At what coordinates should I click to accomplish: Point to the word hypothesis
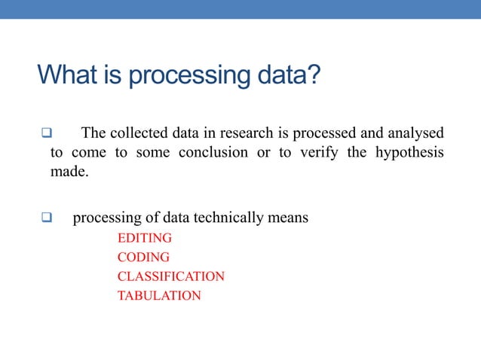pyautogui.click(x=405, y=153)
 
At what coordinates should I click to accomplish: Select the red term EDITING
pyautogui.click(x=145, y=238)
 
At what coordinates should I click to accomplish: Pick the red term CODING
pyautogui.click(x=143, y=258)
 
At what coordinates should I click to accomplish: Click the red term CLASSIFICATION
pyautogui.click(x=171, y=276)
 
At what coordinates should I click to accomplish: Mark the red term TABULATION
pyautogui.click(x=159, y=296)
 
